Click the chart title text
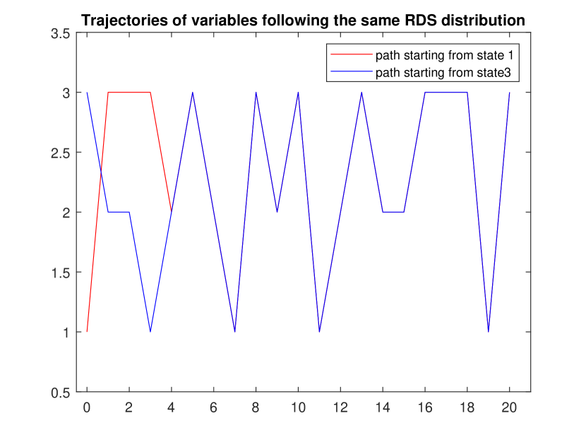303,20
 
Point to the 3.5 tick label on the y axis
61,33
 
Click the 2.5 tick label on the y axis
61,153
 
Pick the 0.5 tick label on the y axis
61,393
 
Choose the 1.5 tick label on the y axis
61,273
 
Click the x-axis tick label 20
509,408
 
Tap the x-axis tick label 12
340,408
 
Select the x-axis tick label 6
213,408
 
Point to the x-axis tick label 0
87,408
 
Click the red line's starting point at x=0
87,331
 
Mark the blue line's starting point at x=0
87,93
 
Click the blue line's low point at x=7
234,331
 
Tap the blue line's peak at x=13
361,93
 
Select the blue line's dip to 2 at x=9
277,212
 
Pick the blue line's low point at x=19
488,331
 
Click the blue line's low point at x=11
319,331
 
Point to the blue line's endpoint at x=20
509,93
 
